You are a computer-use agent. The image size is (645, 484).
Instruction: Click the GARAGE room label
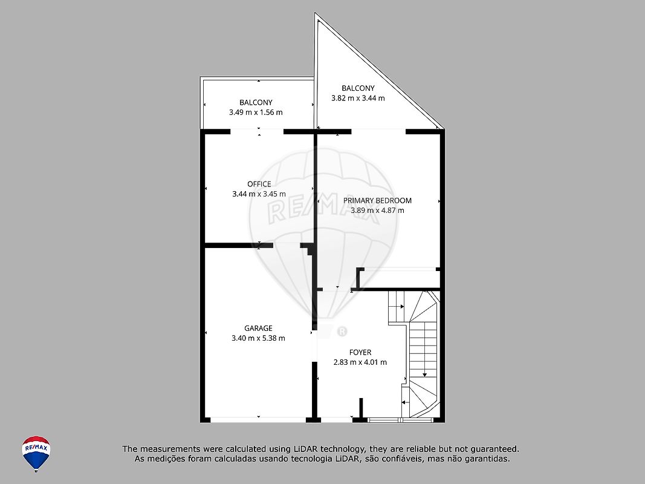point(258,328)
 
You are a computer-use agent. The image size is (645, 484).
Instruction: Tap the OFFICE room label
point(259,184)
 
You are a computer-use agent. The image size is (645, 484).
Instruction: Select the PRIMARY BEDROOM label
point(377,200)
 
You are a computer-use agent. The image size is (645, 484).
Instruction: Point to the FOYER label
point(360,352)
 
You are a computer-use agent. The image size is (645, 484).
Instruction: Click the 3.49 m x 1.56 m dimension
point(256,112)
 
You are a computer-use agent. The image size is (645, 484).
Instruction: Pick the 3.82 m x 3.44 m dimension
point(358,98)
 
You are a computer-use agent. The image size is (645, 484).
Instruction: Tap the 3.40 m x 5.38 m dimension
point(258,338)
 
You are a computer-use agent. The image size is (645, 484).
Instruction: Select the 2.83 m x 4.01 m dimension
point(360,362)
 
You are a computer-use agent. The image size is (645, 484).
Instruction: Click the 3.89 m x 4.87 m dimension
point(377,211)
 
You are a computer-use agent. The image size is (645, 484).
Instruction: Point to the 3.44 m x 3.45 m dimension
point(259,194)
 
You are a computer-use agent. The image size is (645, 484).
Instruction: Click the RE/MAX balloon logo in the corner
point(36,454)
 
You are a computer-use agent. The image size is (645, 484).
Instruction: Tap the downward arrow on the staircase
point(424,349)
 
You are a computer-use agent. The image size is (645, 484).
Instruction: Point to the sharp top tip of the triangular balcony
point(316,13)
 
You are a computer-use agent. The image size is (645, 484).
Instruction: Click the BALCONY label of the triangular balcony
point(358,88)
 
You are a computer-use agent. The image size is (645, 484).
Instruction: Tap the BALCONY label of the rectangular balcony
point(256,102)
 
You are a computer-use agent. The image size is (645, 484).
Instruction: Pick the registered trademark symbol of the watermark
point(342,332)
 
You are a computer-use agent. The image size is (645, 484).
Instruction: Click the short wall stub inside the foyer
point(361,408)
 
